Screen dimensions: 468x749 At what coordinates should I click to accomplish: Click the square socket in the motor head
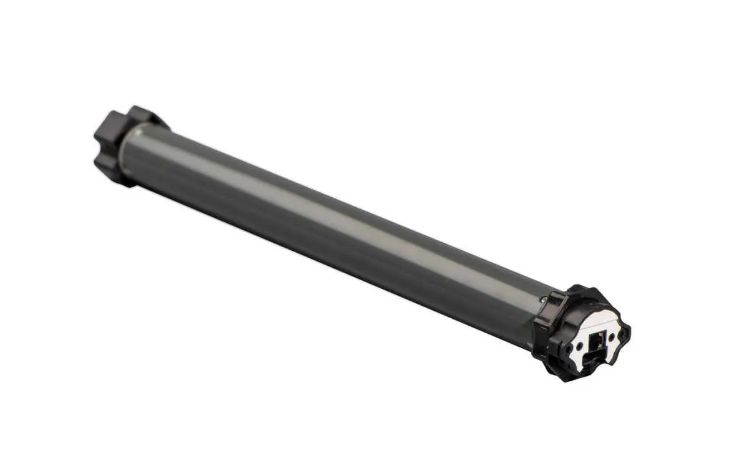point(598,340)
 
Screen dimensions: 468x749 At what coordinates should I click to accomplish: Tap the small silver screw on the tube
point(544,299)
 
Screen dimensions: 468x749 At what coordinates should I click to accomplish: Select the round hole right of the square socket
point(612,337)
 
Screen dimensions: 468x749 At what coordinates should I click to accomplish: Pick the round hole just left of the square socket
point(579,346)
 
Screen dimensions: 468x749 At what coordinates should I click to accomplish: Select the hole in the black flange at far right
point(621,334)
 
